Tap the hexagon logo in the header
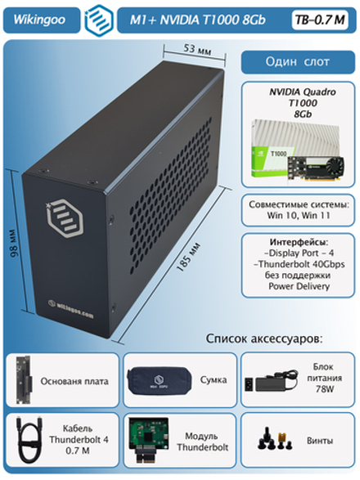click(x=100, y=18)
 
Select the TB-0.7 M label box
click(x=320, y=18)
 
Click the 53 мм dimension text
click(x=194, y=49)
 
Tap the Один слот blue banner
click(x=298, y=63)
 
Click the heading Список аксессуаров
click(x=263, y=338)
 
